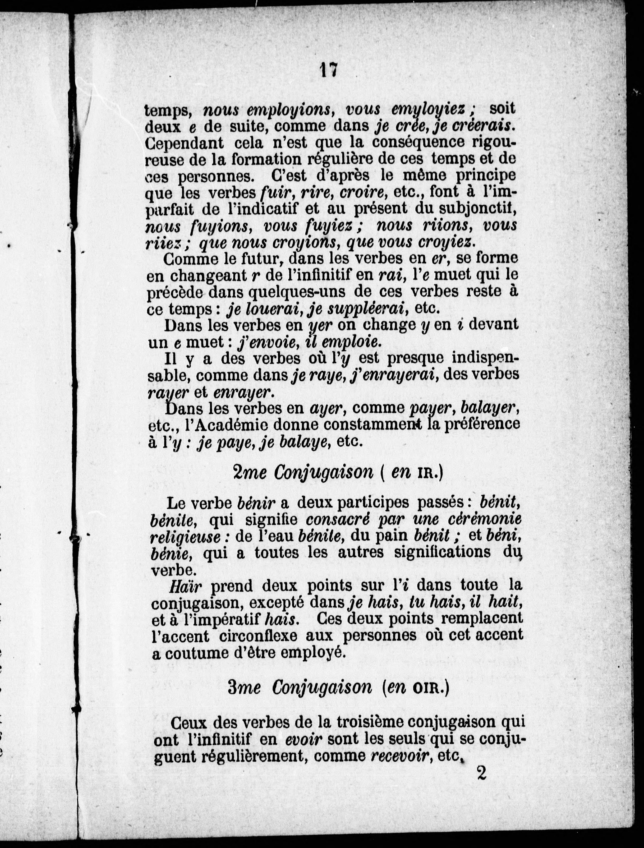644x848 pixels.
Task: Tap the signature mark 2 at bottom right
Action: pyautogui.click(x=481, y=772)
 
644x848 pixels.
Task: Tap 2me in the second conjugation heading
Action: pyautogui.click(x=249, y=473)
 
